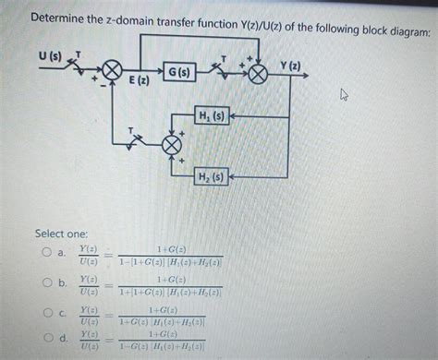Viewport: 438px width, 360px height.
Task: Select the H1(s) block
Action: [x=211, y=116]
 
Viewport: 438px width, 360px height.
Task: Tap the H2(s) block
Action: [x=211, y=176]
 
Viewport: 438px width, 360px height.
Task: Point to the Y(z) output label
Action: [x=289, y=66]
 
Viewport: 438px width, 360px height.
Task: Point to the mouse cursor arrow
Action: [x=345, y=93]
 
